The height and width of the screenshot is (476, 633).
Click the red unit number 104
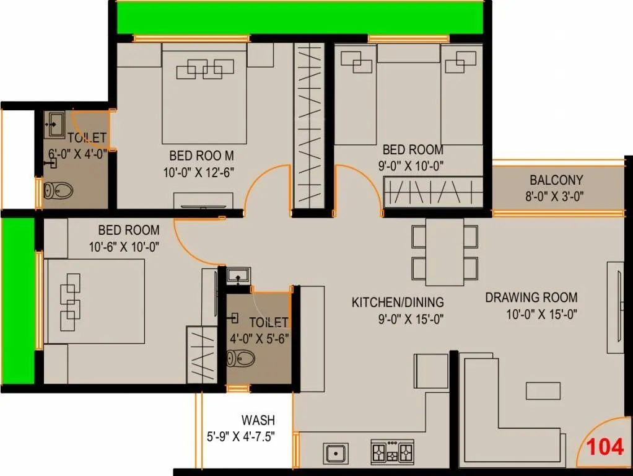click(605, 447)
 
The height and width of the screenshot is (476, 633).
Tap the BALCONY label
click(556, 180)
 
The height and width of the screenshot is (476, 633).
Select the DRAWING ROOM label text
click(531, 298)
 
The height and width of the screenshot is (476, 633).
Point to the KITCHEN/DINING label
click(398, 302)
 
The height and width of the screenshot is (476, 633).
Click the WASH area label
click(258, 421)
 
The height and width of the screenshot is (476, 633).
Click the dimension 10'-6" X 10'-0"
click(124, 246)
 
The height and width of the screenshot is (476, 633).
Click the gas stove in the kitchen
click(391, 452)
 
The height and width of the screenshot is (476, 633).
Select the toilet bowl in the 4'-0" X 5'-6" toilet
click(241, 358)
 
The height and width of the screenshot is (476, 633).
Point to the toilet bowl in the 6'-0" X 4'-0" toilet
click(58, 190)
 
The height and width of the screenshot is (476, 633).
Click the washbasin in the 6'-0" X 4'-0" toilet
click(54, 124)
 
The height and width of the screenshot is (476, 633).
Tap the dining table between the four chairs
click(445, 252)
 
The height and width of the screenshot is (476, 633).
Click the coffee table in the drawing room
click(543, 390)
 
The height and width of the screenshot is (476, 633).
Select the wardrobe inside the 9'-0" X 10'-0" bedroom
click(433, 191)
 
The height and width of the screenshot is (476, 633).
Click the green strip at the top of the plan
click(300, 17)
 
